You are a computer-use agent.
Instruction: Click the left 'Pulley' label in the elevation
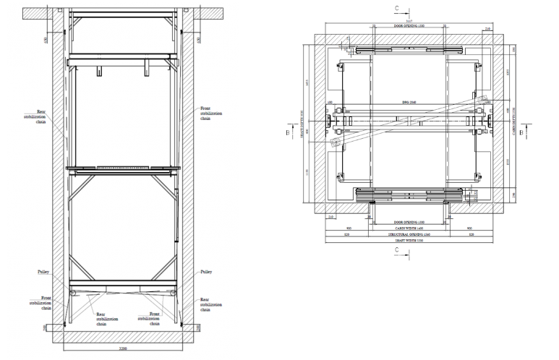43,273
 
